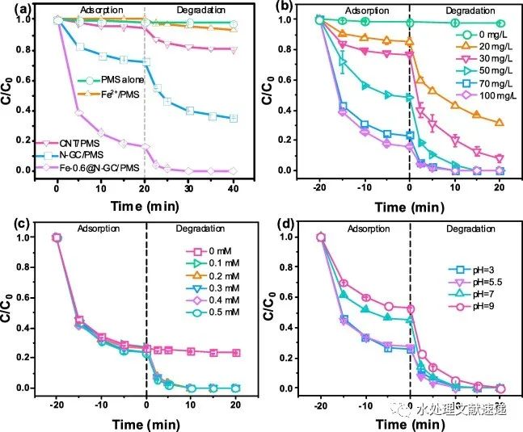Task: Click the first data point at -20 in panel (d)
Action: tap(321, 237)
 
